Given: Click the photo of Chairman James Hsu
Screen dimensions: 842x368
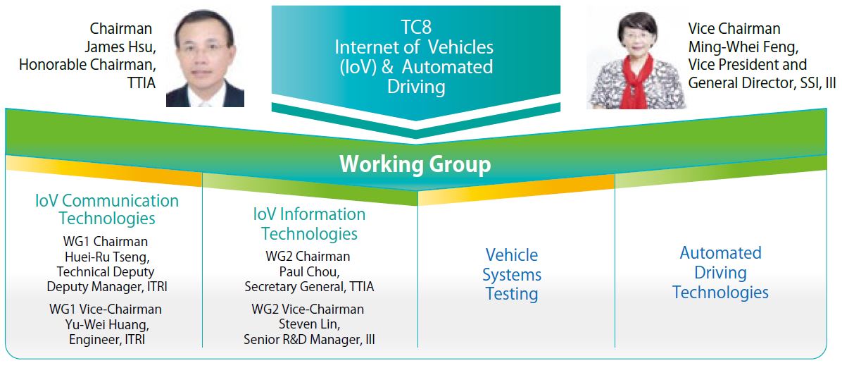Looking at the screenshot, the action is tap(205, 57).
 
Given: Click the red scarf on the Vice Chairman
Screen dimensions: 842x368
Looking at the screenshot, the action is tap(637, 80).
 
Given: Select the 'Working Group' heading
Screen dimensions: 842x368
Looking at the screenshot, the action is tap(415, 165).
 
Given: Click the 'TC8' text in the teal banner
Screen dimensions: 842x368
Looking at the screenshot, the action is tap(416, 26).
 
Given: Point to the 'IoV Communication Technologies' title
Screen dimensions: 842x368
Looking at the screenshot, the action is tap(107, 210).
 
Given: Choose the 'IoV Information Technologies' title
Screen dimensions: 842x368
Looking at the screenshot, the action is tap(309, 223).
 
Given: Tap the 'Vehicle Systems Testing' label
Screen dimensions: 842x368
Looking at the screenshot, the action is tap(512, 274).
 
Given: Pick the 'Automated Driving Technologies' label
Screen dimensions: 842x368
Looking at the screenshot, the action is tap(721, 273).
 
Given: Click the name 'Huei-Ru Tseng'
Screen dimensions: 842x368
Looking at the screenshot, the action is tap(107, 257).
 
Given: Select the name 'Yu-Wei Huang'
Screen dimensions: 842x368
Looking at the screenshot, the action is tap(107, 324).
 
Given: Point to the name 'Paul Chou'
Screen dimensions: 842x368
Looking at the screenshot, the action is tap(309, 271).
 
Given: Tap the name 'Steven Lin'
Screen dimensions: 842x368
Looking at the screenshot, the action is tap(309, 324).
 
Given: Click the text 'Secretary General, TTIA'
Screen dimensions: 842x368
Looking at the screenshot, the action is tap(309, 287).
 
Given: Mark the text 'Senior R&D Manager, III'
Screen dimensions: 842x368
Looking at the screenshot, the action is tap(309, 340).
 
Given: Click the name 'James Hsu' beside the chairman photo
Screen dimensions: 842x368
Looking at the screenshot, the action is tap(121, 47).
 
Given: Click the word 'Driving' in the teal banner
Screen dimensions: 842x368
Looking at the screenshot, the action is tap(416, 87).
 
